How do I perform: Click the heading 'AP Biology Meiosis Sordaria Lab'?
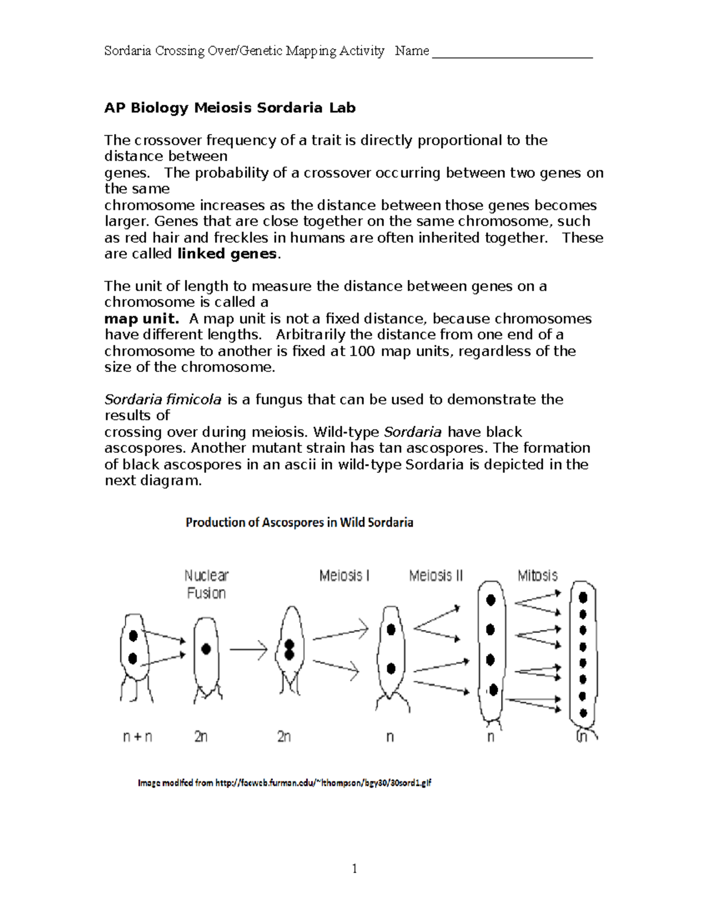230,108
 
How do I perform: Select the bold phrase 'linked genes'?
227,254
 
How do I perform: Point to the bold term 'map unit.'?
141,319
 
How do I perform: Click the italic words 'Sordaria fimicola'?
163,400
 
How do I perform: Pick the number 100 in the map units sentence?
362,351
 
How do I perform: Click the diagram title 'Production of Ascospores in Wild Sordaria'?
299,523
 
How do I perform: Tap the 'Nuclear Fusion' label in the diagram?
206,584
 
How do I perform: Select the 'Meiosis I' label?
344,576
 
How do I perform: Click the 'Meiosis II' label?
436,576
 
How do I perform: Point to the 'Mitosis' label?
537,576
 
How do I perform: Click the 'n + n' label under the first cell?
137,737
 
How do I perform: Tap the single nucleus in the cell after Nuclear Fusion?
206,649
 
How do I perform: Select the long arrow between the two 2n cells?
248,650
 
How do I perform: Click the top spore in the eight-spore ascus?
583,597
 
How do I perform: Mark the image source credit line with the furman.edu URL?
284,783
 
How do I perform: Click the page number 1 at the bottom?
354,868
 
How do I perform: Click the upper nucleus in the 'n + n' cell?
134,635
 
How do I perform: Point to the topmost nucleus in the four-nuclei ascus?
490,600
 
